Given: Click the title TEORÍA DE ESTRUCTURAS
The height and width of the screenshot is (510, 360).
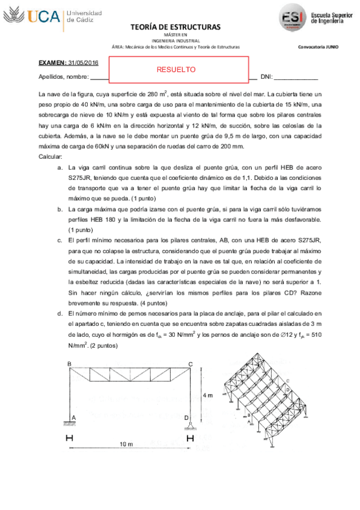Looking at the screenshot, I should pyautogui.click(x=175, y=27).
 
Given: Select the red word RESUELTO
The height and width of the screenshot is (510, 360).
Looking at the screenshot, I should pyautogui.click(x=176, y=69).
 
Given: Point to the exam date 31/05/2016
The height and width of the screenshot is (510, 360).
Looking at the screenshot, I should pyautogui.click(x=84, y=63).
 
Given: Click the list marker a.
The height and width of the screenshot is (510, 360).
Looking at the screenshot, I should pyautogui.click(x=59, y=168).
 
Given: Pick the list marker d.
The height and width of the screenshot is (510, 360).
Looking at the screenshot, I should pyautogui.click(x=59, y=314).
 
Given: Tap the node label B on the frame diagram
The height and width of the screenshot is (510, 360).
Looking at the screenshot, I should pyautogui.click(x=69, y=364).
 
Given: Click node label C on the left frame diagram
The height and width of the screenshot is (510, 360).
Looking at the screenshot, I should pyautogui.click(x=190, y=364).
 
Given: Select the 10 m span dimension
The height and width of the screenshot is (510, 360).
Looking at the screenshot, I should pyautogui.click(x=126, y=444).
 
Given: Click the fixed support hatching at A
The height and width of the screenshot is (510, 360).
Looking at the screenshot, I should pyautogui.click(x=70, y=424).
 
